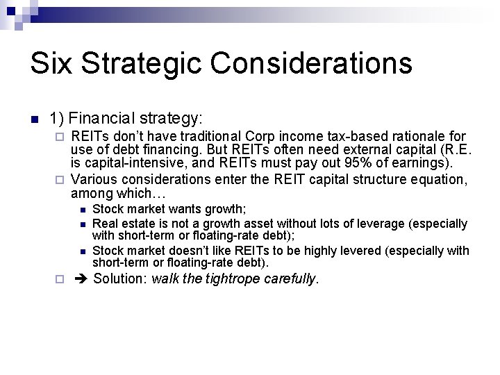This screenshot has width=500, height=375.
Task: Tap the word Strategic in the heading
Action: (x=143, y=64)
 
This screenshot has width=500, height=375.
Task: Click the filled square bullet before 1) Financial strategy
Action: (x=34, y=119)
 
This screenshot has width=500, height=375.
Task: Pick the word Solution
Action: (x=120, y=279)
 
